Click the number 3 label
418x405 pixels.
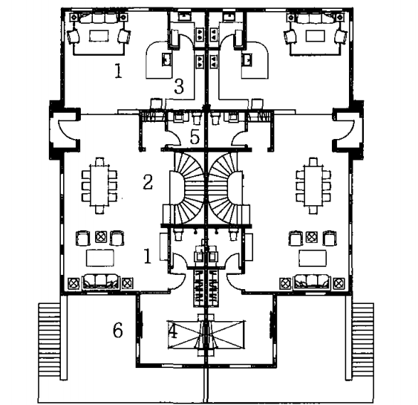point(179,87)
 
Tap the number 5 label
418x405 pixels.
point(195,137)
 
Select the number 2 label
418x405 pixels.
point(148,182)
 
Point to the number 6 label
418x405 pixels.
point(117,330)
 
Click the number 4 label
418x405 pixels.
point(173,331)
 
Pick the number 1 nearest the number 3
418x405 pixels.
point(118,71)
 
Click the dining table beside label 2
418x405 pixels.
point(99,186)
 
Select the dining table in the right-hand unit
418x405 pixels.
point(313,186)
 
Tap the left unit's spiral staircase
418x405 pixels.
point(187,188)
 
